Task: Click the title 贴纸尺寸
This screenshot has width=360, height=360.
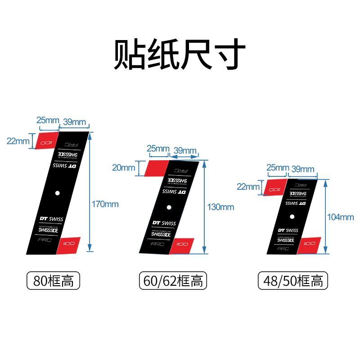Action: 180,55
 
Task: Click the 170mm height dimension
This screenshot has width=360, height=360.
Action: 105,204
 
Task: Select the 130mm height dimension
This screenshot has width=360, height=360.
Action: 221,207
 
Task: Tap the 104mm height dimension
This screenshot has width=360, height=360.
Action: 341,217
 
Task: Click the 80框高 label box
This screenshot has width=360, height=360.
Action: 54,281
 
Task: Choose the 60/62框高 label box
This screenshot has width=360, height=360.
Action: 172,281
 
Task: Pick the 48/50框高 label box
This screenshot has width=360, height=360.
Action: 293,281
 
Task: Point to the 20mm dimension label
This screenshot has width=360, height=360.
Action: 123,168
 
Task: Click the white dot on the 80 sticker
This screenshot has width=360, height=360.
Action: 58,193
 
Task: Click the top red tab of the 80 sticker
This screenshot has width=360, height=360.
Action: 47,140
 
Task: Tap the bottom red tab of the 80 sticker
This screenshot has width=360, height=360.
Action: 68,245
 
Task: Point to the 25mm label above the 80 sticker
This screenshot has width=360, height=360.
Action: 47,121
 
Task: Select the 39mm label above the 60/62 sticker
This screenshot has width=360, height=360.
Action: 185,150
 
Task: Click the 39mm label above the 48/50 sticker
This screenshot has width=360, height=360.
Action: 303,169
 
